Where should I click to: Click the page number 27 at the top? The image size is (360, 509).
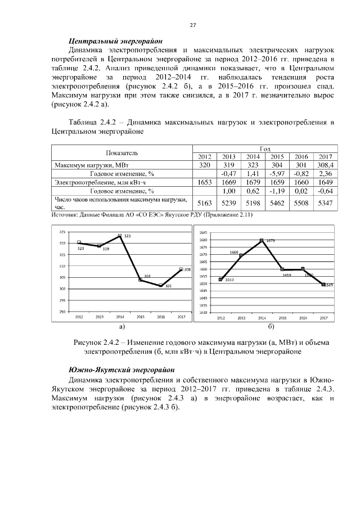[192, 25]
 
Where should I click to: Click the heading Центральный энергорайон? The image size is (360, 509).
[115, 41]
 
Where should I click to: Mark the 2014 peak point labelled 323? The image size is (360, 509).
[120, 236]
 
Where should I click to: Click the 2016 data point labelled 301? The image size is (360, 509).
[161, 286]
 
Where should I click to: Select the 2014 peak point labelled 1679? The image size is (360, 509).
[262, 240]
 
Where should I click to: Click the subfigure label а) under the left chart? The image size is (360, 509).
[120, 326]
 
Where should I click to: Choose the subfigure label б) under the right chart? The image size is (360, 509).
[271, 326]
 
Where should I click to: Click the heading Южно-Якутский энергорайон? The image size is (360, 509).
[121, 370]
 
